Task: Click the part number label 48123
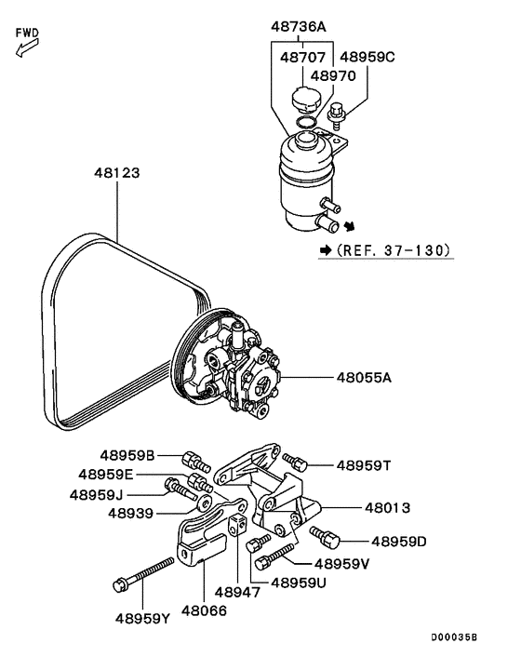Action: [x=118, y=172]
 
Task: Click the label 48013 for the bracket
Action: [x=386, y=508]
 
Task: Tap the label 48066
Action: [x=205, y=610]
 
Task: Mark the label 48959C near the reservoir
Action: [x=367, y=57]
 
